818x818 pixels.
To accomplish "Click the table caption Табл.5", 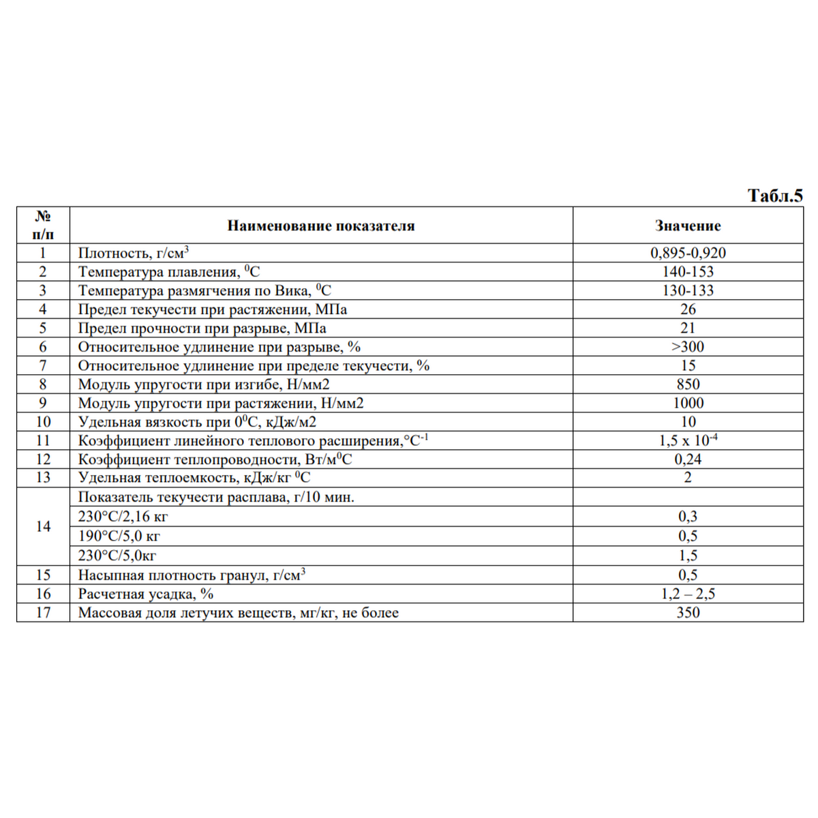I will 775,196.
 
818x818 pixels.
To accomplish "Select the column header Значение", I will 688,226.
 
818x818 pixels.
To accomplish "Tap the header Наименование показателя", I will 320,226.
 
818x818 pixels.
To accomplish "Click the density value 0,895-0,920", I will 688,253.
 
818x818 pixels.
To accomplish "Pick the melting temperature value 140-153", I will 688,272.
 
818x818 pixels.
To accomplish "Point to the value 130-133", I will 688,290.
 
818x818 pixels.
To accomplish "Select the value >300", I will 688,347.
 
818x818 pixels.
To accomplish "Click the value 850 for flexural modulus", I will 688,384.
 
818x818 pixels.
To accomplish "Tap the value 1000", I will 688,403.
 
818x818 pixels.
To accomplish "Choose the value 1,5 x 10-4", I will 688,440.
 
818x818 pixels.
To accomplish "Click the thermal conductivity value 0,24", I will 688,459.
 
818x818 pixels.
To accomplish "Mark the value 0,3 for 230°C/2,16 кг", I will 688,517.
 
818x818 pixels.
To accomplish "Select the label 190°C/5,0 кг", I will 119,536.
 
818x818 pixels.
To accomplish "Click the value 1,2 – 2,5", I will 688,594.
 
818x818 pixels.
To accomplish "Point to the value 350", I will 688,612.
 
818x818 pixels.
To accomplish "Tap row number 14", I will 43,526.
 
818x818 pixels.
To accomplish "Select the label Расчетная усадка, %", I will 146,594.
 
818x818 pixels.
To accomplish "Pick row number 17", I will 43,612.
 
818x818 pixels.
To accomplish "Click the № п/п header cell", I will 43,226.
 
